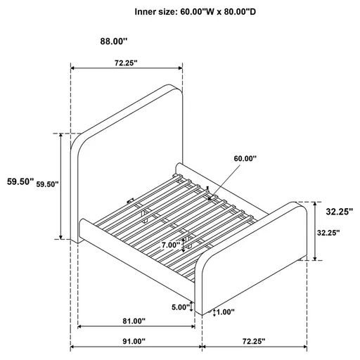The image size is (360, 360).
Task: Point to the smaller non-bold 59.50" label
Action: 47,184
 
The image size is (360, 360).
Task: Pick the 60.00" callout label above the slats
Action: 245,159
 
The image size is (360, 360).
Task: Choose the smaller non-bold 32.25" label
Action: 328,233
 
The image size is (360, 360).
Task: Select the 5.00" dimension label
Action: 181,307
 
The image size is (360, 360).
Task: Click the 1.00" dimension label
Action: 225,313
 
